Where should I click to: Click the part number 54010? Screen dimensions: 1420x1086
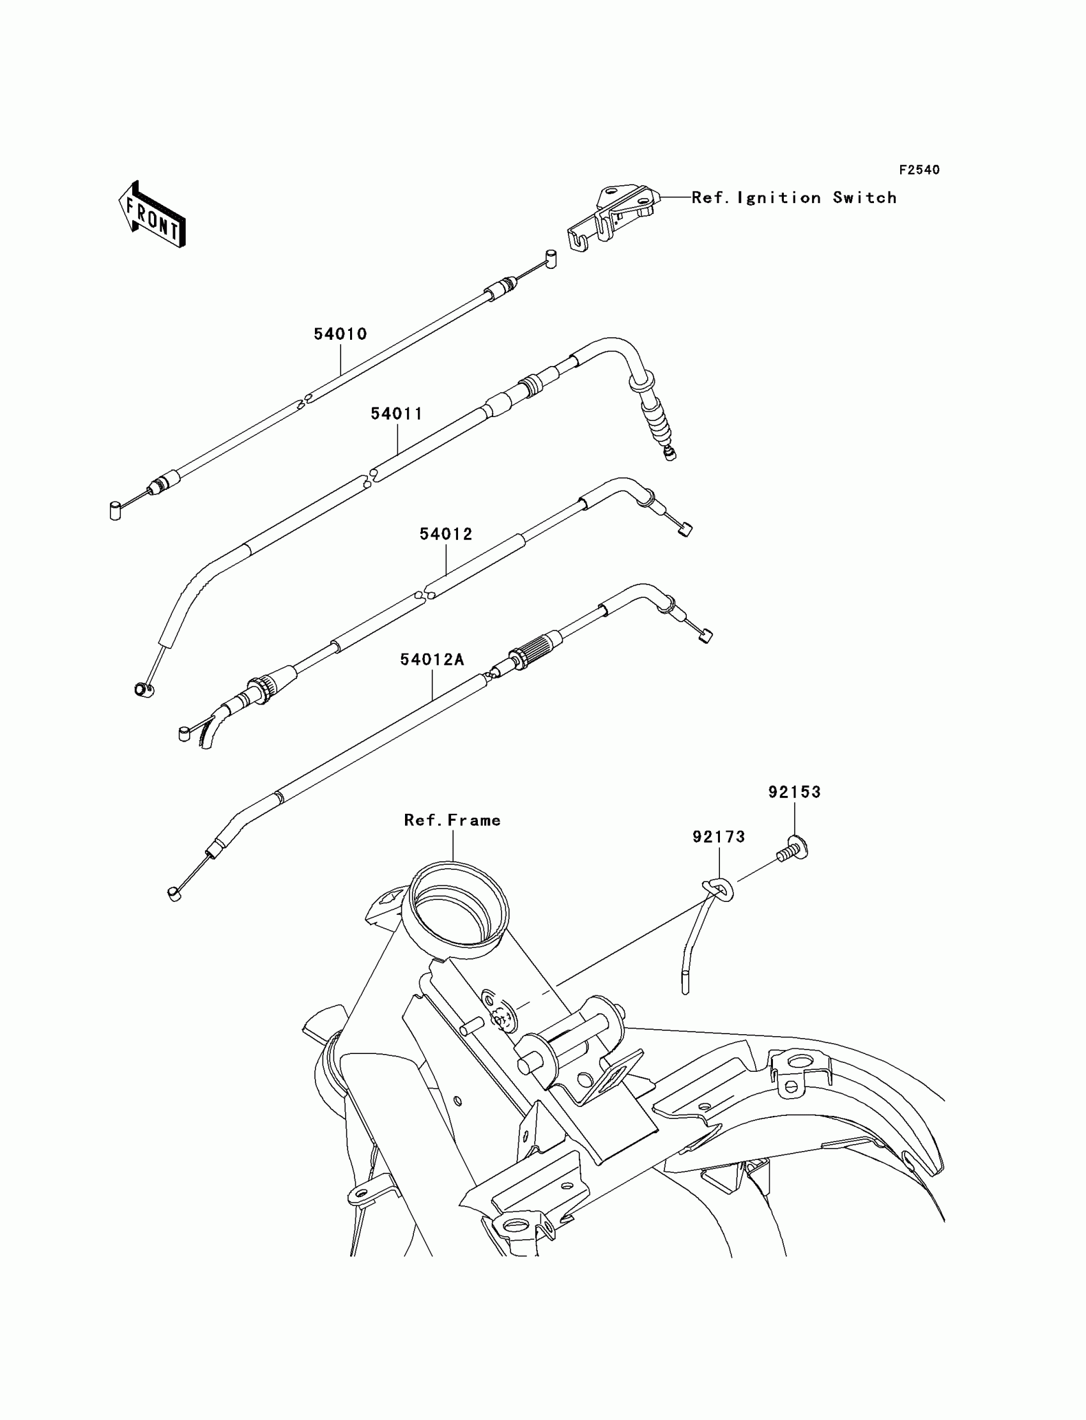[x=340, y=334]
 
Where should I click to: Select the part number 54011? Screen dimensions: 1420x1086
[x=396, y=414]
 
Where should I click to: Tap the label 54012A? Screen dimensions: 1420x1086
[x=432, y=659]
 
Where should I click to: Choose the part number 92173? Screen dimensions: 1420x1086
[x=719, y=837]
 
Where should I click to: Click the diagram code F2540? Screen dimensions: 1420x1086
[x=919, y=170]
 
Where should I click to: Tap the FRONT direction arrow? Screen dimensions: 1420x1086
[x=152, y=215]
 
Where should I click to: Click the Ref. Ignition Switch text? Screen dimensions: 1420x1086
[x=794, y=198]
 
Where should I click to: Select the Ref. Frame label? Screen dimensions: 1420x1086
[x=452, y=820]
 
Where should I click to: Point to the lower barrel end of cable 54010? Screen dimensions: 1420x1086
[x=115, y=510]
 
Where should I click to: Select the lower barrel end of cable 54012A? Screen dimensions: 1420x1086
[x=174, y=894]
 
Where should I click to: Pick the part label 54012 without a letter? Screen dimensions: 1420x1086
[x=446, y=534]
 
